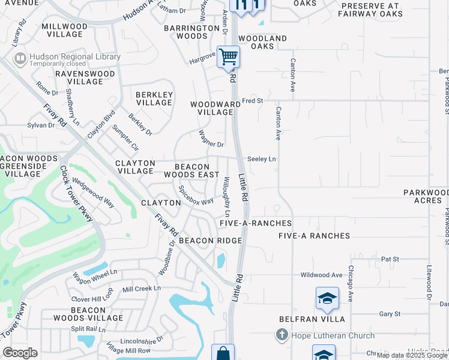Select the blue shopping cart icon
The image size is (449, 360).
click(x=228, y=57)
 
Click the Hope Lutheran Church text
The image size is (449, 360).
click(x=333, y=335)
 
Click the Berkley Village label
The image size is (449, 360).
click(x=154, y=98)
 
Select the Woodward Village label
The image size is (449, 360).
click(x=211, y=108)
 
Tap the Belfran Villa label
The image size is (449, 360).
click(x=306, y=319)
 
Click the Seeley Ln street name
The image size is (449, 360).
click(x=262, y=159)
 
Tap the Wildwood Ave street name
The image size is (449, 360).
click(x=321, y=275)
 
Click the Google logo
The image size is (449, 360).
click(x=20, y=353)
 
